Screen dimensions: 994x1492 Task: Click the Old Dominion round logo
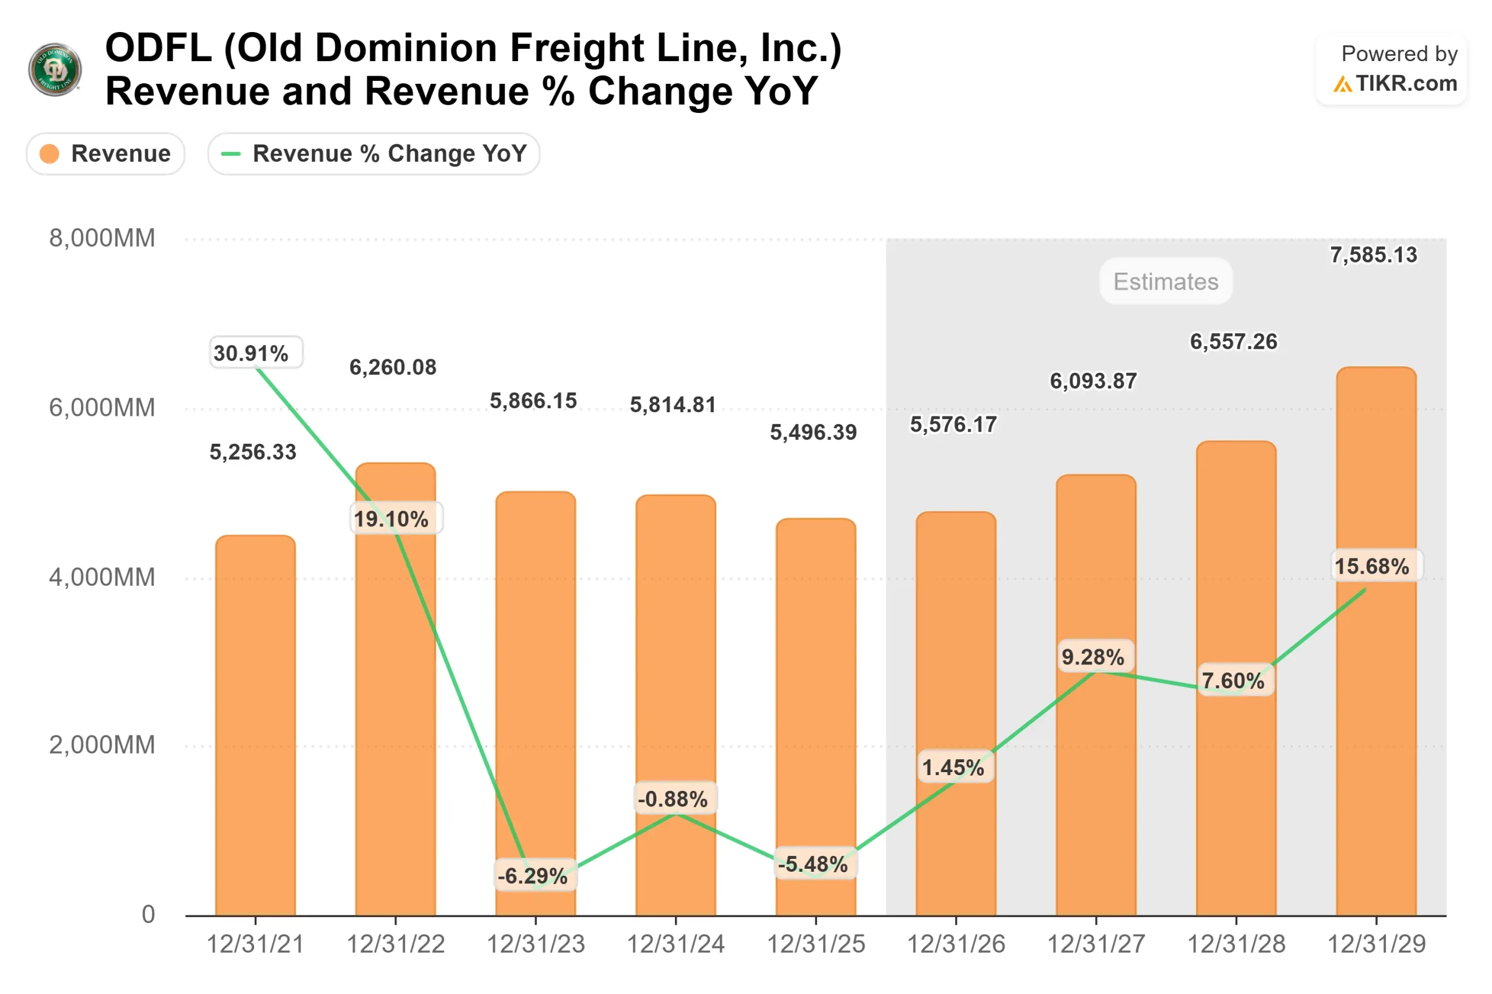point(55,69)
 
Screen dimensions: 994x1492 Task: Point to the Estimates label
point(1166,281)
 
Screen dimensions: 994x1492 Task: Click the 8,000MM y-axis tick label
point(102,238)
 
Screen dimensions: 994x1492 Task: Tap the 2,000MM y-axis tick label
point(102,745)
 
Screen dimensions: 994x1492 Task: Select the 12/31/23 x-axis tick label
point(536,944)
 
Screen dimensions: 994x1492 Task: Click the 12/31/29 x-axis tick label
point(1377,944)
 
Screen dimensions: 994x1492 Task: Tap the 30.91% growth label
point(251,353)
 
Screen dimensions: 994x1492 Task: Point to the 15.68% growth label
point(1372,566)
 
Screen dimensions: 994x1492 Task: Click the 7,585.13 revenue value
point(1373,255)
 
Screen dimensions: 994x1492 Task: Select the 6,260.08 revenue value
point(393,367)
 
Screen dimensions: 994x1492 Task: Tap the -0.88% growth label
point(673,799)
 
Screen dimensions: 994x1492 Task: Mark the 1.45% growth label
point(953,767)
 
